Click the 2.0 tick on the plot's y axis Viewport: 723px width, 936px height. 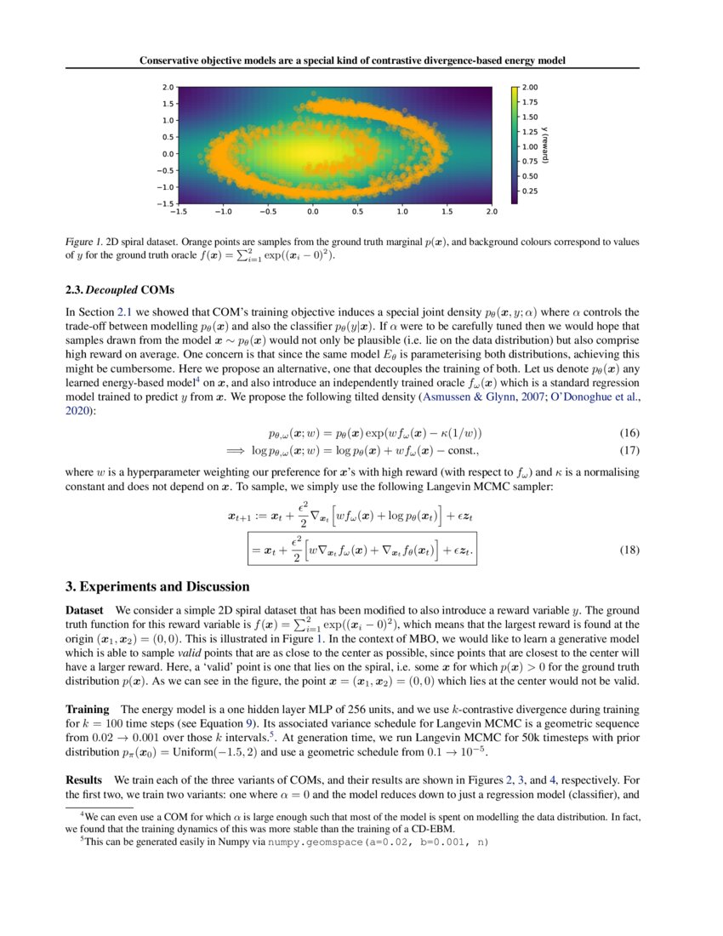coord(168,87)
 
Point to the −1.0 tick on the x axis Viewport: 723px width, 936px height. coord(223,211)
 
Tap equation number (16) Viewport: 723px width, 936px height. coord(629,432)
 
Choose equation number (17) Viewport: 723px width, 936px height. coord(629,450)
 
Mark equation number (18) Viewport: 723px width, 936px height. coord(629,550)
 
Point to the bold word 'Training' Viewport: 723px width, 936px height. coord(88,709)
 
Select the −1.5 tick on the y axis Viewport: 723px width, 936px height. coord(166,203)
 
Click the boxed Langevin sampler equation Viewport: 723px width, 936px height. coord(361,550)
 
